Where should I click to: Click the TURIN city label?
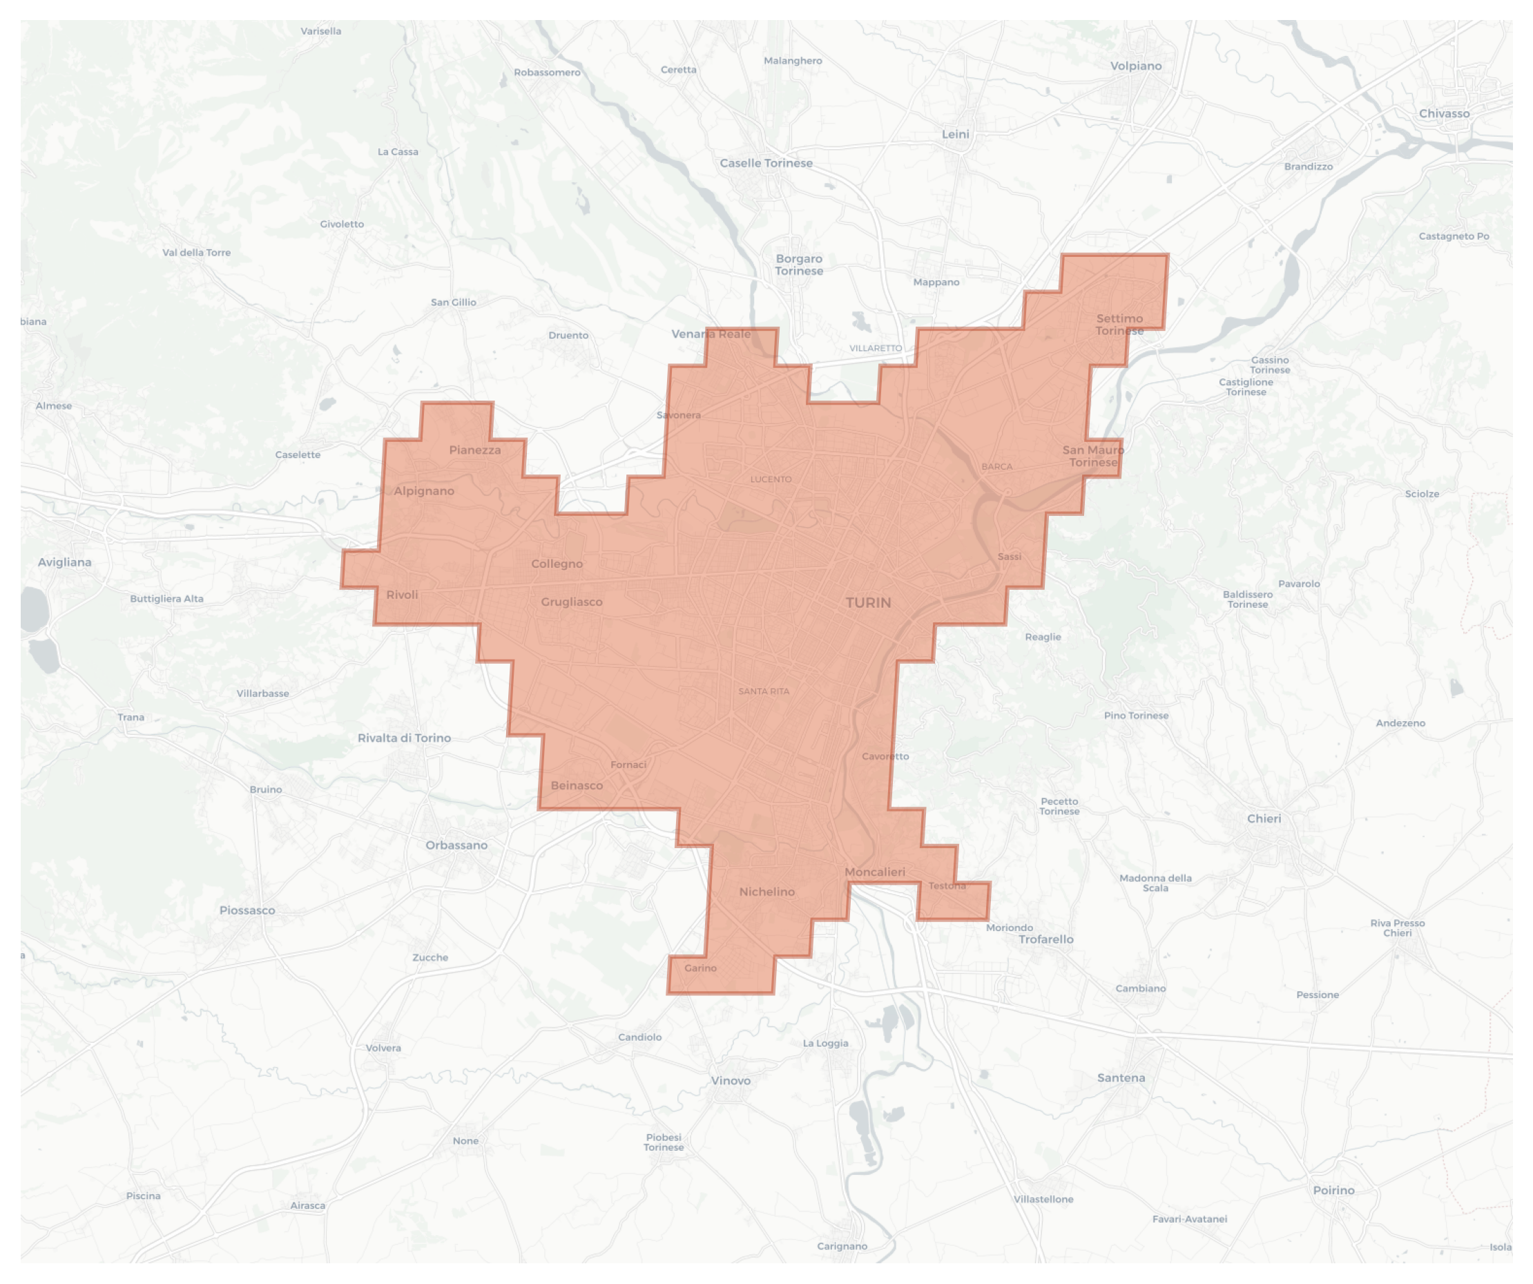click(868, 603)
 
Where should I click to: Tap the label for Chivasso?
click(1444, 114)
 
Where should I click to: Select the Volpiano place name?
click(1136, 66)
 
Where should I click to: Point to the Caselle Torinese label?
click(766, 164)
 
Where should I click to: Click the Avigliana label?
click(65, 562)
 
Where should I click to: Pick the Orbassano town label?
click(456, 845)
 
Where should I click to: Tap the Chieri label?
click(1264, 819)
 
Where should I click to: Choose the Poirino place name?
click(1333, 1191)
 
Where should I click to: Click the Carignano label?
click(842, 1246)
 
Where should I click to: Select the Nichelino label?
click(767, 892)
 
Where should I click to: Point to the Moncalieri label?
click(874, 872)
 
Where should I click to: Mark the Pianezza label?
click(475, 450)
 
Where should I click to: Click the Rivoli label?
click(402, 595)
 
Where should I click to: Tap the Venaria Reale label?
click(711, 334)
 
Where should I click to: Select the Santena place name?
click(1121, 1078)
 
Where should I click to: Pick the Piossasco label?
click(247, 910)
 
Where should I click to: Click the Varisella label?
click(321, 31)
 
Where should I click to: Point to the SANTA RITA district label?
click(764, 691)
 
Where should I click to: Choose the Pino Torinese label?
click(1136, 716)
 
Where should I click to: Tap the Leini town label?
click(956, 134)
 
